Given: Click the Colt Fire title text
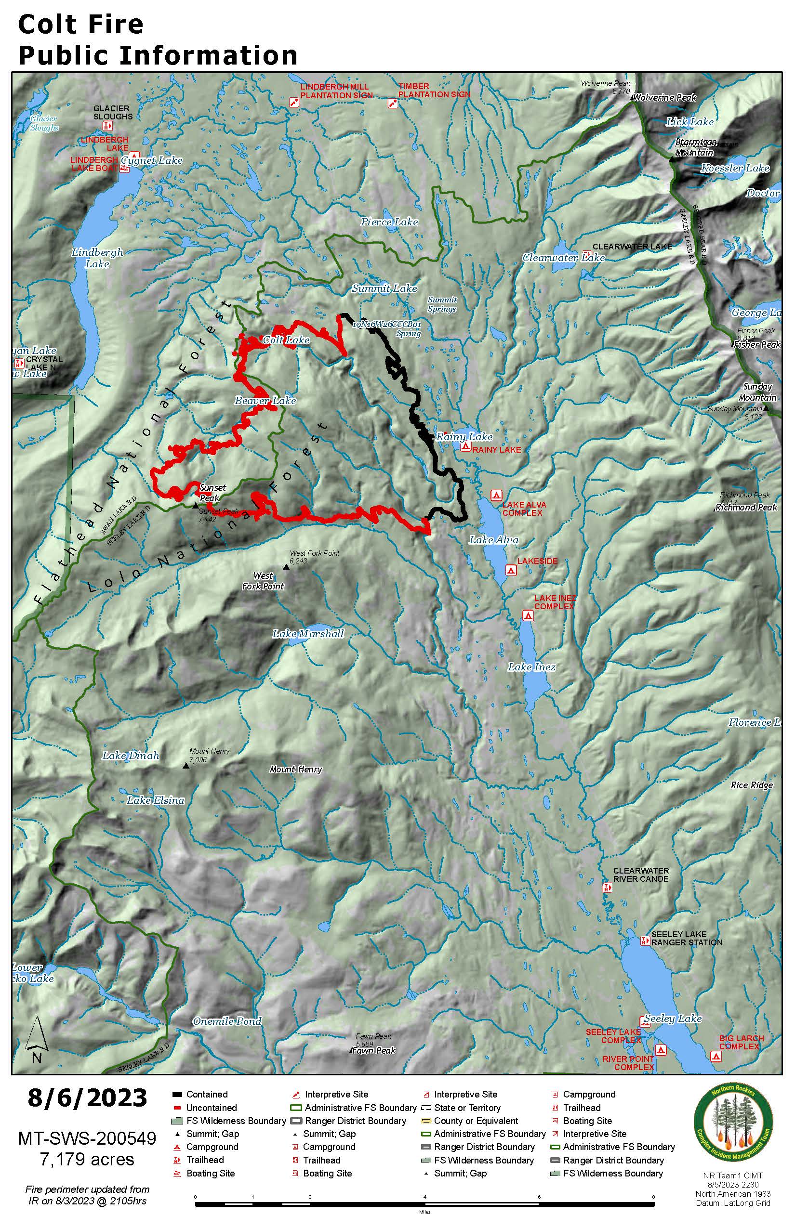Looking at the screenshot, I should tap(80, 24).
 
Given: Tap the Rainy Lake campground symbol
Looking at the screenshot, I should tap(465, 447).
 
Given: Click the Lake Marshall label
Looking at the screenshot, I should tap(308, 634).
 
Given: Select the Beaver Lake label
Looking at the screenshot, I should tap(265, 400).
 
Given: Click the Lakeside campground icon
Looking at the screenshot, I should tap(511, 570).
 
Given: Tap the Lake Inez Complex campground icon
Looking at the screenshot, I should tap(527, 615).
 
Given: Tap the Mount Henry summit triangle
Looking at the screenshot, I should tap(186, 766).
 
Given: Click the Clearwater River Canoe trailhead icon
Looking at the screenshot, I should tap(608, 888).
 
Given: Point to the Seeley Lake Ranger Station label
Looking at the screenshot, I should tap(686, 938).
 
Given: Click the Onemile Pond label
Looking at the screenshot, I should tap(227, 1021).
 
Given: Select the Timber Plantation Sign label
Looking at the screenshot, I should tap(434, 91).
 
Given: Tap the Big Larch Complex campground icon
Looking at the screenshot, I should tap(715, 1056).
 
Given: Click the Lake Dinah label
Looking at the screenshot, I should tap(131, 756).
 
